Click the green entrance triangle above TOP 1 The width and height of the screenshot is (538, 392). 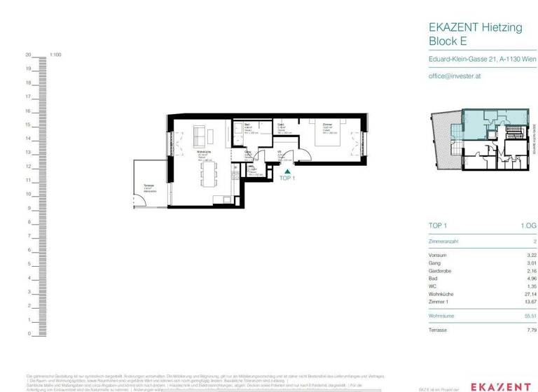pyautogui.click(x=286, y=170)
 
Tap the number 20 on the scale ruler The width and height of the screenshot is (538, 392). pyautogui.click(x=29, y=55)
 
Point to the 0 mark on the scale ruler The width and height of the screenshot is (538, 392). pyautogui.click(x=29, y=334)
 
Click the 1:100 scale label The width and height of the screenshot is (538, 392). pyautogui.click(x=56, y=55)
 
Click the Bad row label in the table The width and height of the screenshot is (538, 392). pyautogui.click(x=432, y=279)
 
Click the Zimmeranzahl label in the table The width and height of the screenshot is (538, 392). pyautogui.click(x=443, y=240)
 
